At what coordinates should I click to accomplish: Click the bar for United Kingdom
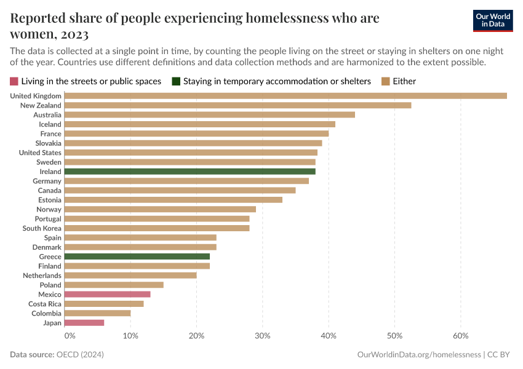[x=285, y=96]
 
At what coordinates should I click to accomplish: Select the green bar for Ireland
[x=190, y=172]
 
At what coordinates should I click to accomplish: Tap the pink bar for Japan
[x=84, y=323]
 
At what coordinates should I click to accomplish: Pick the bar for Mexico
[x=107, y=295]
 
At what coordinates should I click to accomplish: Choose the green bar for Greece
[x=137, y=256]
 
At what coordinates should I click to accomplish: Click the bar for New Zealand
[x=238, y=105]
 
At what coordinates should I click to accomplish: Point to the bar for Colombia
[x=97, y=313]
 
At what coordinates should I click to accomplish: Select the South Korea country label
[x=42, y=228]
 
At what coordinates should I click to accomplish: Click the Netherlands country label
[x=42, y=276]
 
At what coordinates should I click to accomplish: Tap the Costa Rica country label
[x=45, y=304]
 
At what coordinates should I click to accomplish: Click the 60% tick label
[x=461, y=336]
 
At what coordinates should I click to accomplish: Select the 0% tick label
[x=70, y=336]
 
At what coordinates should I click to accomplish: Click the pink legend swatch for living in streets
[x=14, y=81]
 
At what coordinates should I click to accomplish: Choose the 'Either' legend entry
[x=398, y=81]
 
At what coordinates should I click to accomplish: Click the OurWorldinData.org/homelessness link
[x=418, y=355]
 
